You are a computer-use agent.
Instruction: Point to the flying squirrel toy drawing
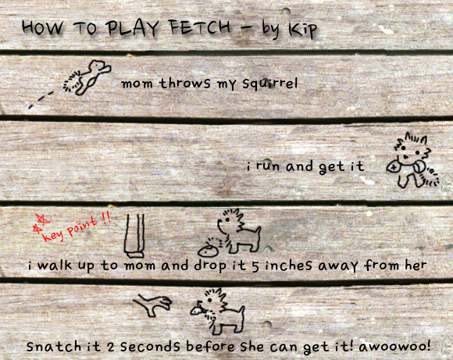(x=87, y=77)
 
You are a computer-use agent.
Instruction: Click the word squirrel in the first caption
(x=269, y=84)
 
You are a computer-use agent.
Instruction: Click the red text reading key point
(x=70, y=230)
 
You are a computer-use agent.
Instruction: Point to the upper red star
(x=42, y=219)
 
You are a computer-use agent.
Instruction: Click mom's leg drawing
(x=134, y=236)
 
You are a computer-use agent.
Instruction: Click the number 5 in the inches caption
(x=255, y=266)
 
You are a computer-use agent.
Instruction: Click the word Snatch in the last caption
(x=54, y=346)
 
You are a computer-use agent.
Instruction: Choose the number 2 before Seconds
(x=111, y=347)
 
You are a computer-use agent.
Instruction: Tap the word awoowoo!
(x=394, y=346)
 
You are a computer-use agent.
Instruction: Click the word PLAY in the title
(x=132, y=27)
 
